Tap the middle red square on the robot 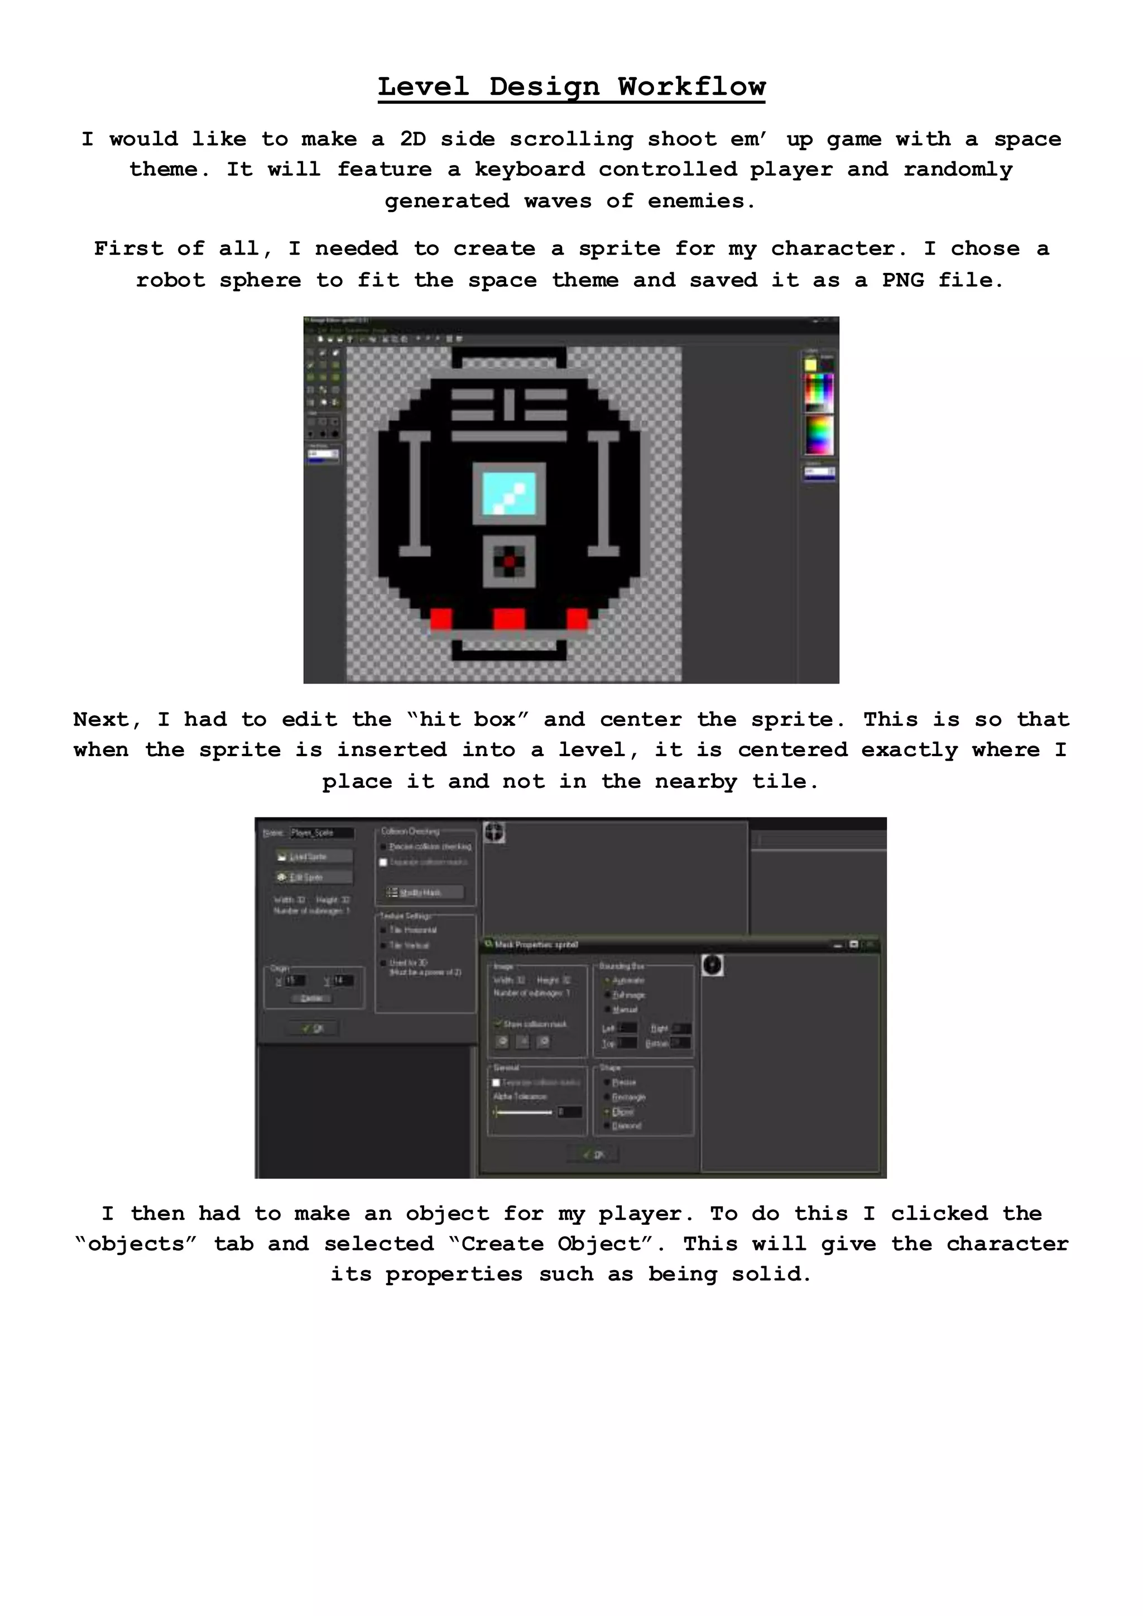click(x=509, y=619)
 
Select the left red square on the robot click(x=441, y=619)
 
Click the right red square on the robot click(x=577, y=619)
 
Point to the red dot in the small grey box click(x=509, y=561)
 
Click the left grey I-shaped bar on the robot click(x=415, y=493)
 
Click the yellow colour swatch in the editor click(x=811, y=364)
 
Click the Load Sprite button click(x=314, y=857)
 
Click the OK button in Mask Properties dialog click(x=593, y=1155)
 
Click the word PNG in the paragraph click(x=903, y=280)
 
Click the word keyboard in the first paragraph click(x=529, y=170)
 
